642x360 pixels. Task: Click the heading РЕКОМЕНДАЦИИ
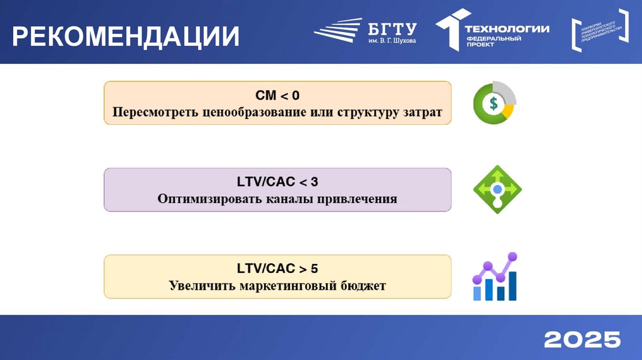click(125, 36)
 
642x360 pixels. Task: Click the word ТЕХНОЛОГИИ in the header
click(507, 28)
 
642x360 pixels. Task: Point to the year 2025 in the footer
click(582, 339)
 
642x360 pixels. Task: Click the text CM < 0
click(277, 95)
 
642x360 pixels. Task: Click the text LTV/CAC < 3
click(277, 183)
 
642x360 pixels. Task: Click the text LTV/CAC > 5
click(277, 269)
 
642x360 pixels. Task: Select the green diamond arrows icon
click(497, 189)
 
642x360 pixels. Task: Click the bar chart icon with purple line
click(495, 277)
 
